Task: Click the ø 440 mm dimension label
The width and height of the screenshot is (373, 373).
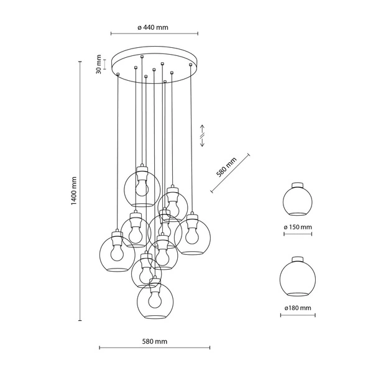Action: point(153,27)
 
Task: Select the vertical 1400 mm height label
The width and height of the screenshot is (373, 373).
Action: point(73,191)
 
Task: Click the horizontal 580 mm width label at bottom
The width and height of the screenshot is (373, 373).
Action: point(154,342)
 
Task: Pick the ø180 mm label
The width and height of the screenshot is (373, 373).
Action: point(298,308)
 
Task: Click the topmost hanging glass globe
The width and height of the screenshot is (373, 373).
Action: point(142,188)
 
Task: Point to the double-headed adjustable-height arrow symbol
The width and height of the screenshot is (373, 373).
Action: point(202,136)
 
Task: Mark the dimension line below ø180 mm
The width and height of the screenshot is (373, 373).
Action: point(298,315)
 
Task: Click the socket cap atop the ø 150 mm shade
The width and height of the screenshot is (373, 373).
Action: point(298,184)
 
